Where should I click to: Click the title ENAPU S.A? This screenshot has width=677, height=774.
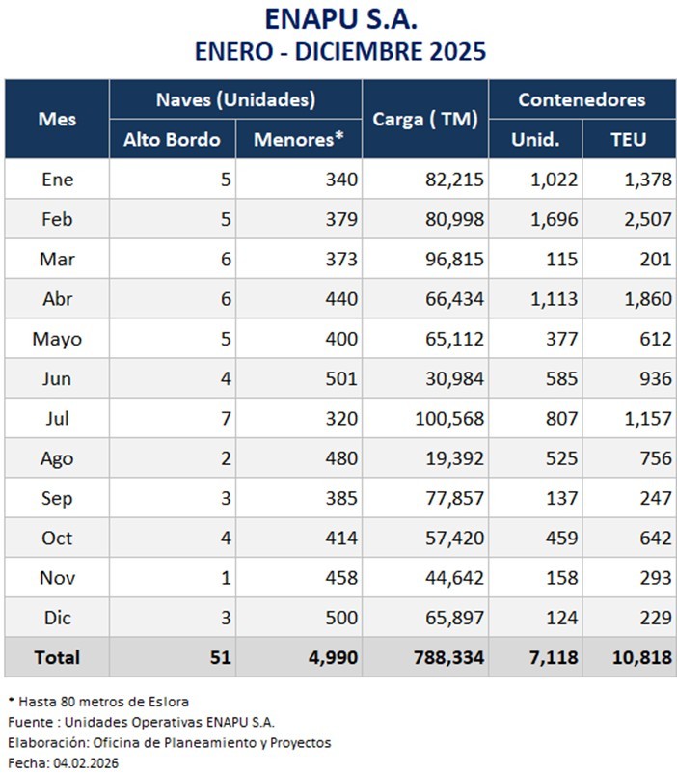[342, 19]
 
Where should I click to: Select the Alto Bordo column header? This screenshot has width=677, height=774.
[172, 139]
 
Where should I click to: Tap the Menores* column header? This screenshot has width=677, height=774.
[299, 139]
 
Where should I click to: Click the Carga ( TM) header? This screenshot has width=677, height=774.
[425, 120]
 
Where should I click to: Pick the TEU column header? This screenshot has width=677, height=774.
[628, 139]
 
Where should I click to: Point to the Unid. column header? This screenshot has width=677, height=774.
[536, 139]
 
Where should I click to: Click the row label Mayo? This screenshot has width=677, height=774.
[58, 338]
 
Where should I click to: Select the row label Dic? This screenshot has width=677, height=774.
[58, 617]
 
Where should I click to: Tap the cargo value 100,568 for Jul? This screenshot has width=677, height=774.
[452, 418]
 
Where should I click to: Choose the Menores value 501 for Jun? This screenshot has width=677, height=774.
[341, 378]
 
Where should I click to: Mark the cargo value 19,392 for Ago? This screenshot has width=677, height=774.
[456, 457]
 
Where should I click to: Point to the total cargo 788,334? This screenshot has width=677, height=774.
[447, 657]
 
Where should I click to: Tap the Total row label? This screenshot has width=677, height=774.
[58, 657]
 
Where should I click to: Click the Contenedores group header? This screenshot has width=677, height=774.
[582, 99]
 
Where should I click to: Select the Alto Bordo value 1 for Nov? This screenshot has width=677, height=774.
[226, 577]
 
